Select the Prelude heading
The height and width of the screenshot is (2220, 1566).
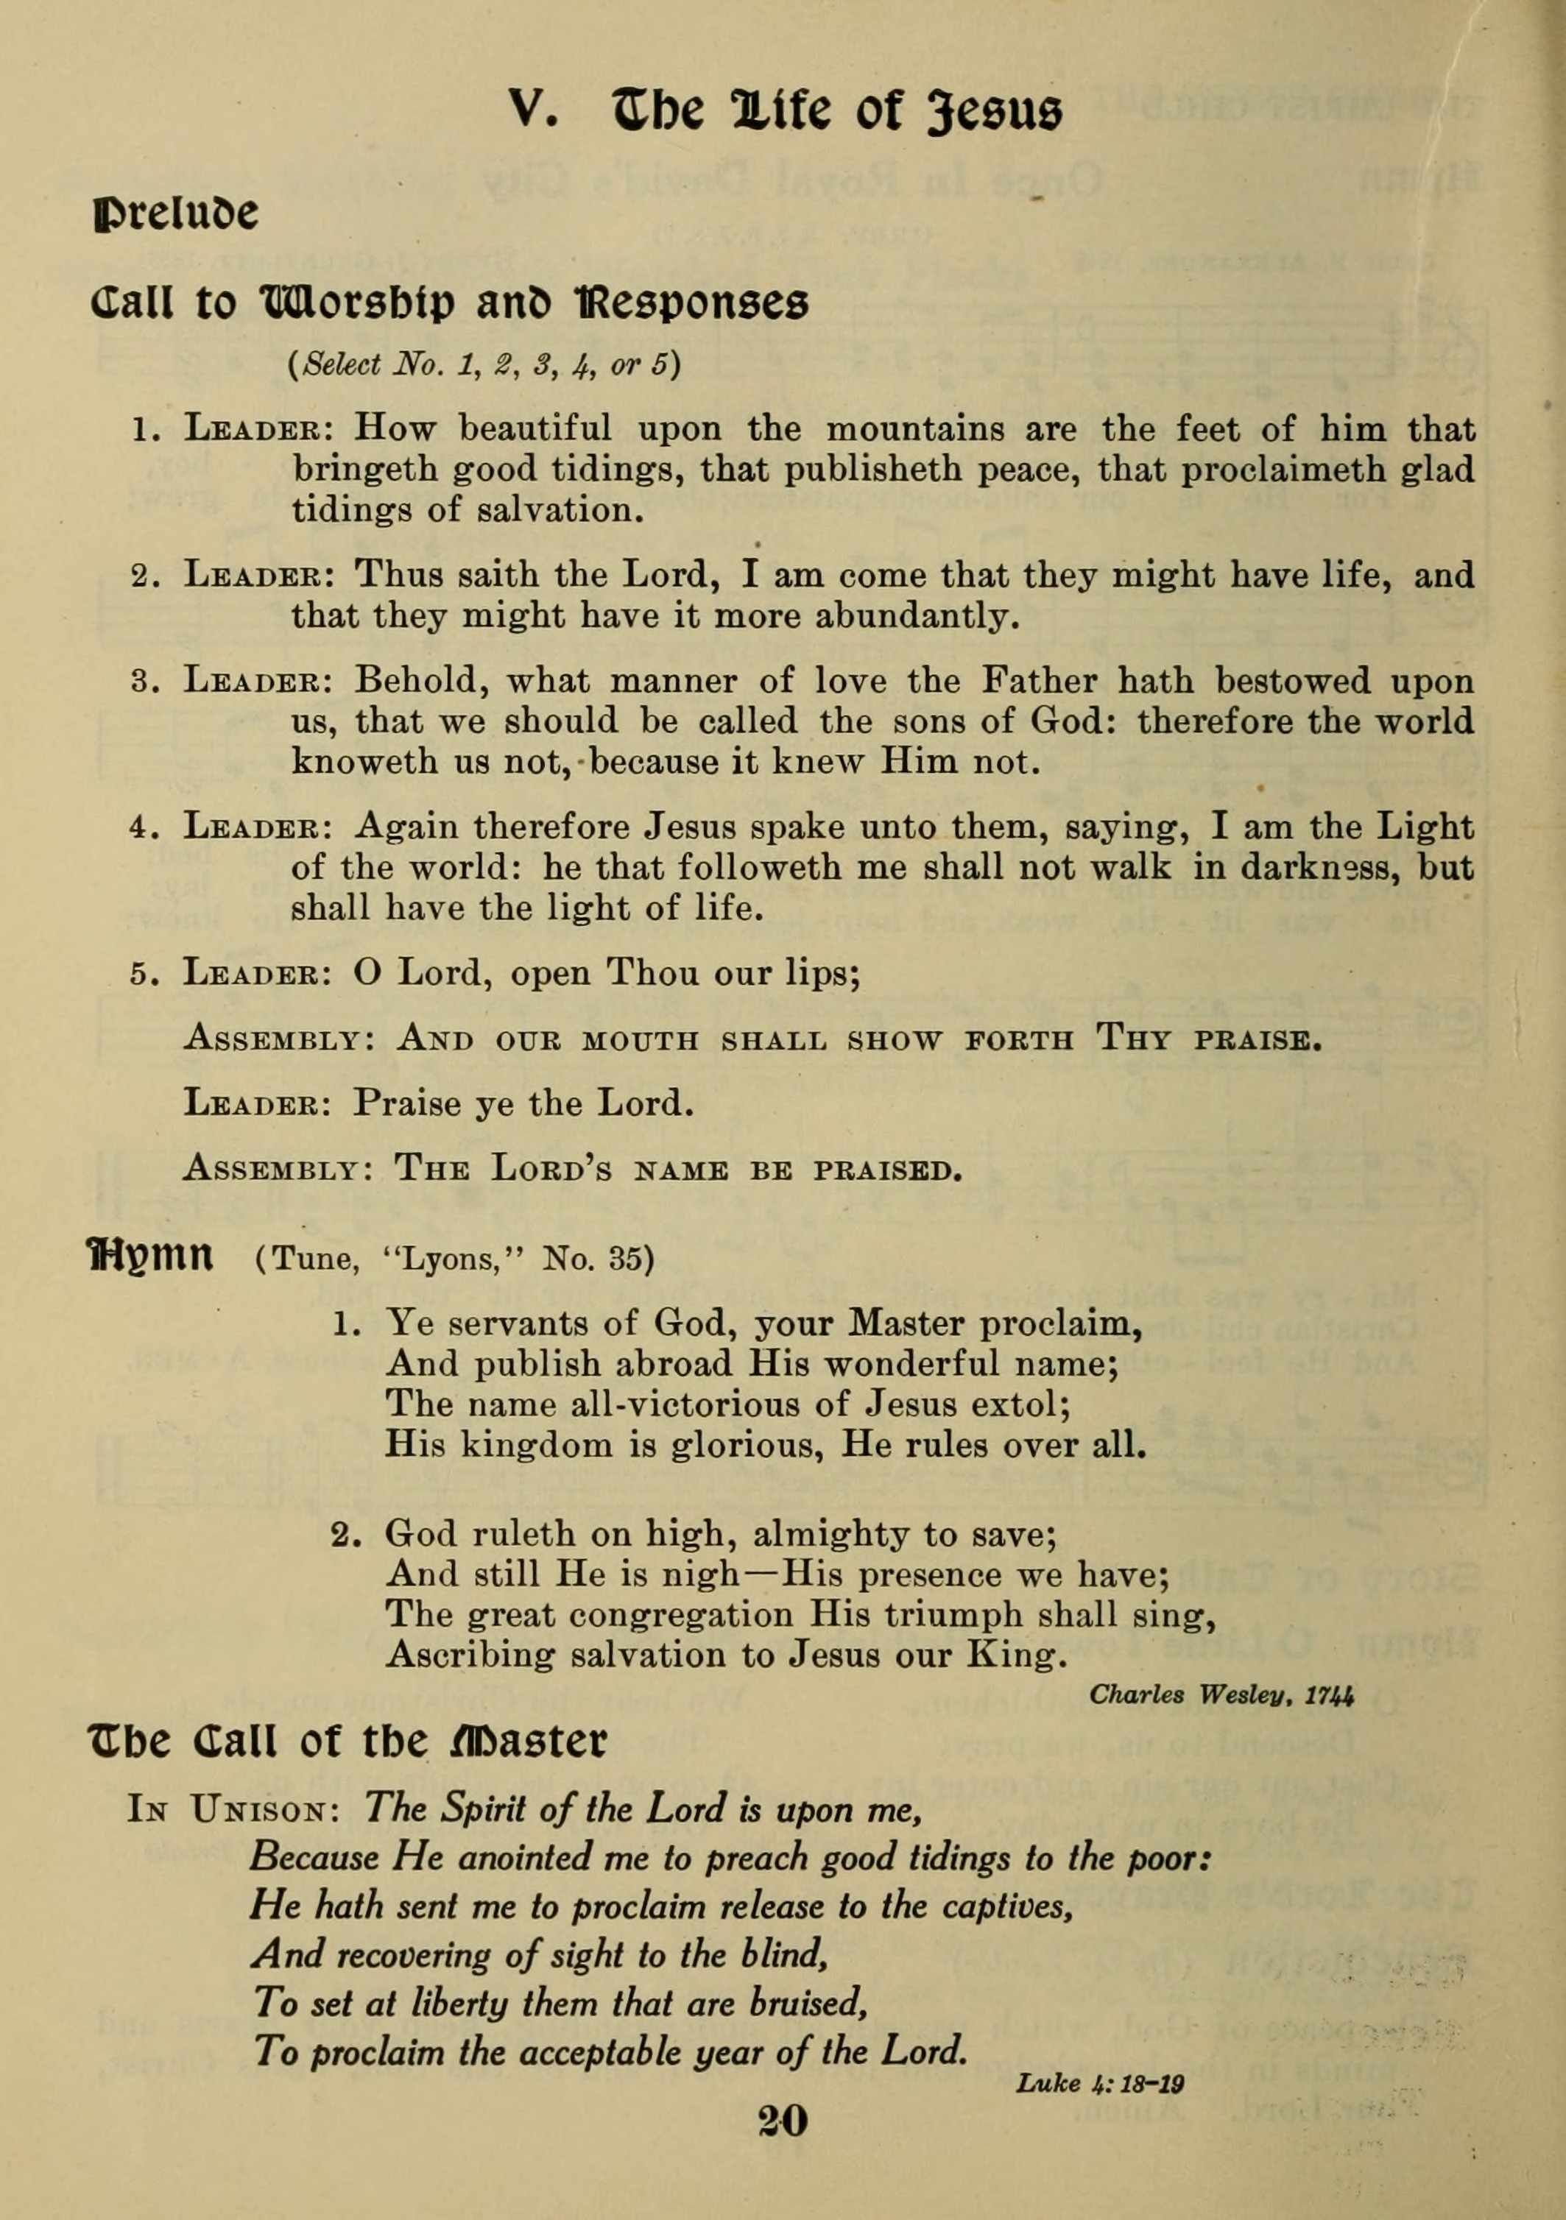[x=175, y=213]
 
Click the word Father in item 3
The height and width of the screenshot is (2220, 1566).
[x=1039, y=682]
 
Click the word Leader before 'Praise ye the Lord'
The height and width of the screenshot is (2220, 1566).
[x=257, y=1104]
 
